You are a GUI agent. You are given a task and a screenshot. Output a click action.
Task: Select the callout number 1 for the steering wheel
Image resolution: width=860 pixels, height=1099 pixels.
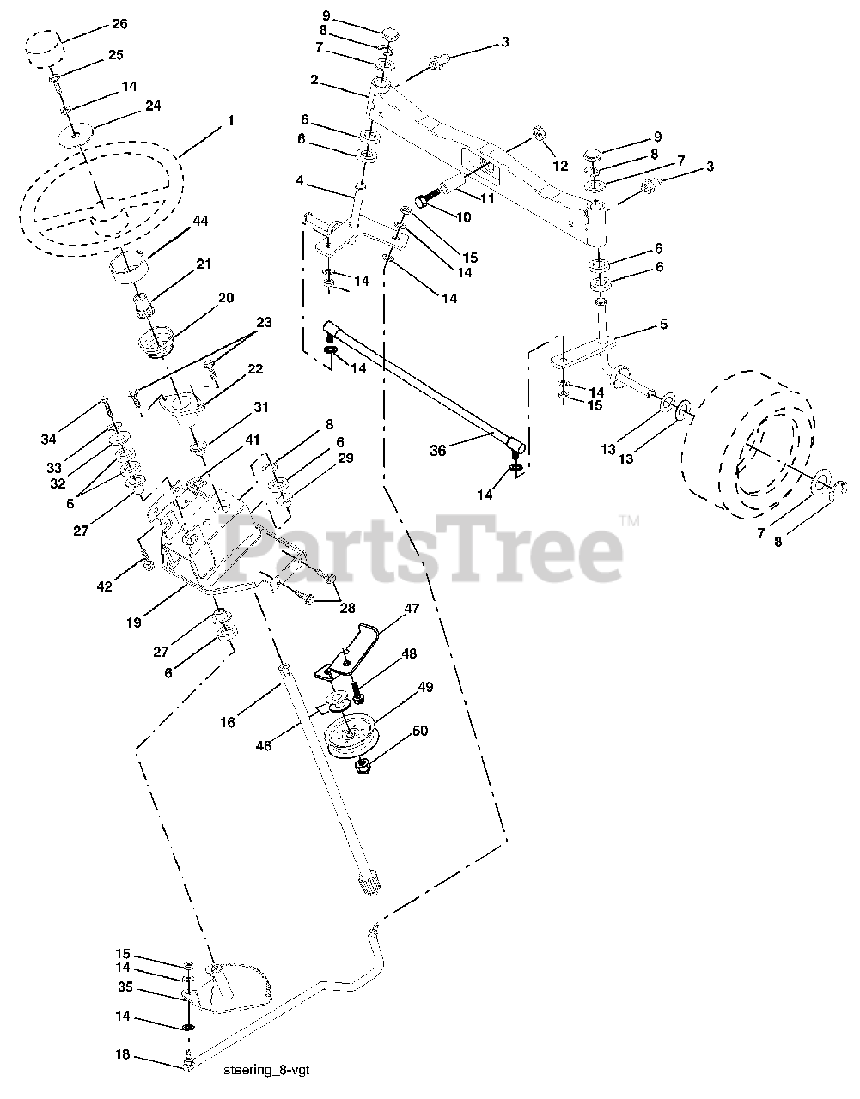(229, 122)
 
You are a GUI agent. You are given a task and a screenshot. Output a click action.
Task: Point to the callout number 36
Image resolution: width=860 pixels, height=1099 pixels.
(438, 449)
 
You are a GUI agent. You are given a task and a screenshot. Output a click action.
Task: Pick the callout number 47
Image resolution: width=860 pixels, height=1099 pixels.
(412, 608)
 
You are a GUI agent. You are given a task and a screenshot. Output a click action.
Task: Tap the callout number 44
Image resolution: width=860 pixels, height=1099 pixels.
(200, 222)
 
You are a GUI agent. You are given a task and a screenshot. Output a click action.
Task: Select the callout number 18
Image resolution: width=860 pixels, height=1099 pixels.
(124, 1054)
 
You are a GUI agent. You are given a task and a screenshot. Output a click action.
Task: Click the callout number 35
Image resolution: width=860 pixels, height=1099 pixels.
(124, 987)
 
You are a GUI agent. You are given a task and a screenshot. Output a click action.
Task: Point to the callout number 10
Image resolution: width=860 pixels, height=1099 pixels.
(464, 218)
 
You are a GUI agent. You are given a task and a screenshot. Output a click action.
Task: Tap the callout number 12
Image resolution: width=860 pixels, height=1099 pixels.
(560, 167)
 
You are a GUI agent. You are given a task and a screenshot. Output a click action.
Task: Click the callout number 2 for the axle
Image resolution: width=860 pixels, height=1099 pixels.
(314, 80)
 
